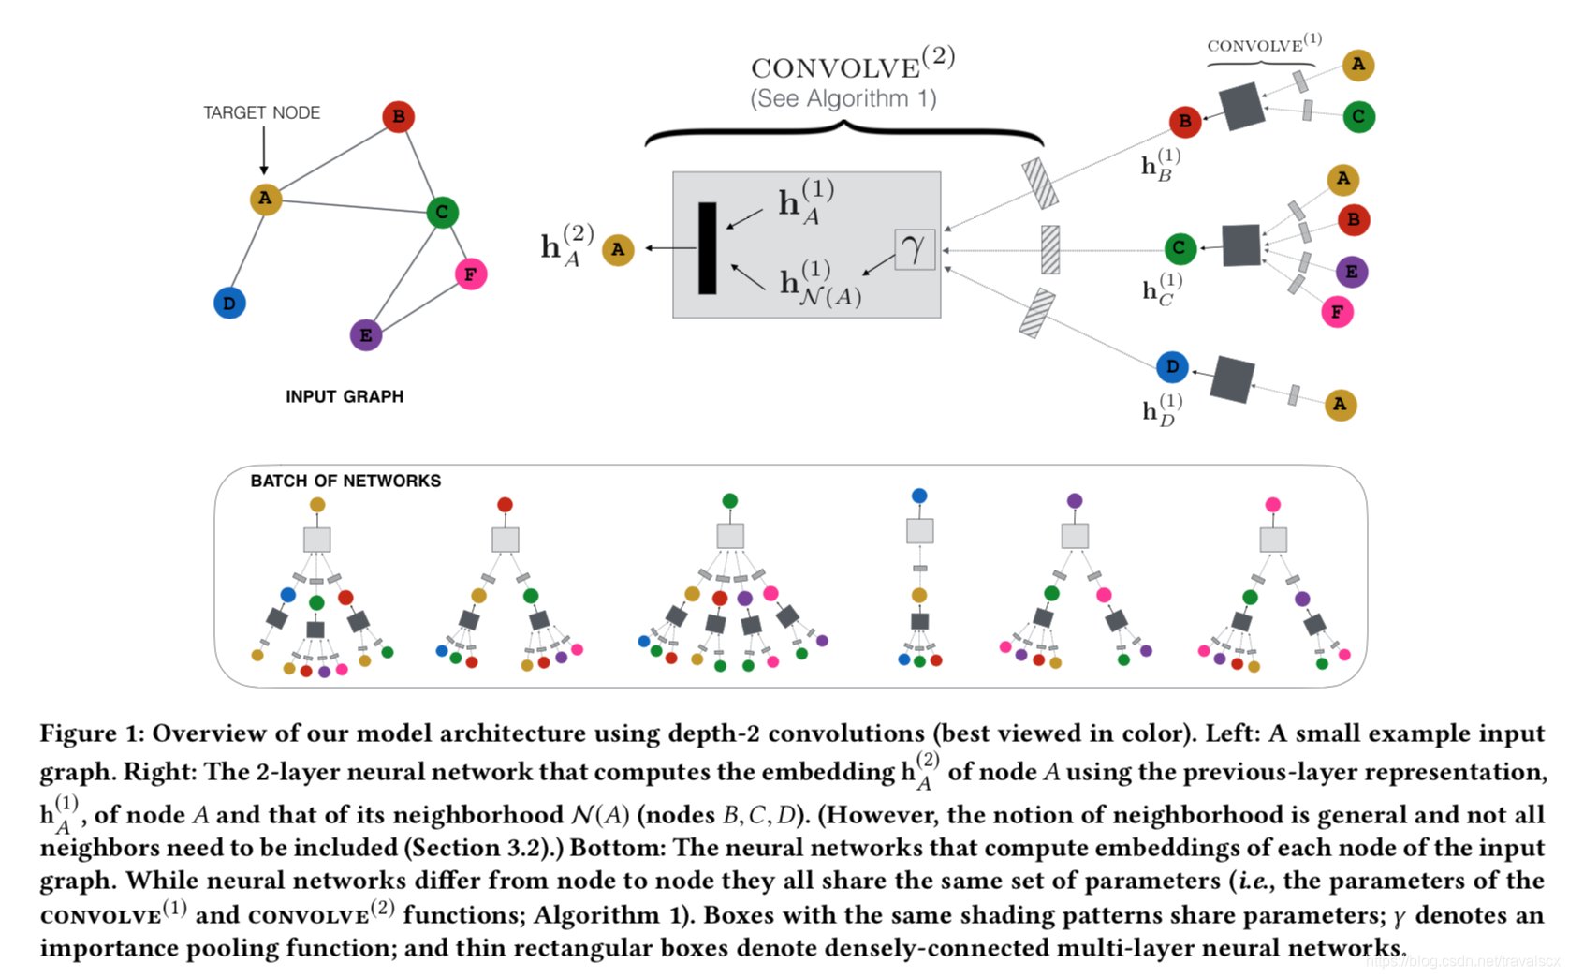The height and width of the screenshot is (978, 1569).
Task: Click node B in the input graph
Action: click(x=399, y=116)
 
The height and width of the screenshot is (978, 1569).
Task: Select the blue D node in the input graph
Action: click(x=229, y=303)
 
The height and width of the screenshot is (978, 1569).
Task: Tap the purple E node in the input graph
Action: click(x=366, y=335)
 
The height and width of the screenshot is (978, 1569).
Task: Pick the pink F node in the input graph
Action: click(x=471, y=274)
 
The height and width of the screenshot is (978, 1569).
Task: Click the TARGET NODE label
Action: click(x=262, y=112)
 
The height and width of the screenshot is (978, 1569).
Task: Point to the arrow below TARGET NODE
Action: click(x=264, y=150)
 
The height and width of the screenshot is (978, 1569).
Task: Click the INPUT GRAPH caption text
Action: click(x=345, y=397)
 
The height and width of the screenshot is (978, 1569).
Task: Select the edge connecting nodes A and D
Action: click(x=247, y=251)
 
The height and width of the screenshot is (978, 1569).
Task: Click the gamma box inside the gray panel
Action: click(x=915, y=249)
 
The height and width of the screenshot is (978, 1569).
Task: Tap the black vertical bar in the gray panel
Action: click(x=708, y=248)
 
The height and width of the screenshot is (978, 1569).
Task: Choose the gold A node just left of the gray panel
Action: click(x=618, y=249)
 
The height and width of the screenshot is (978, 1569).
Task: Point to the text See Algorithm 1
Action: click(x=843, y=99)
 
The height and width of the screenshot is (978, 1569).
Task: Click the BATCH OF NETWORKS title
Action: click(x=346, y=481)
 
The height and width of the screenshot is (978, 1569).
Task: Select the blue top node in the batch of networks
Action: click(x=919, y=496)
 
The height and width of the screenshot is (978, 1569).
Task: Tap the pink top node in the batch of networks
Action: click(x=1273, y=505)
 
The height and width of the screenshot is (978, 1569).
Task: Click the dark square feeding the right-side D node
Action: click(x=1233, y=379)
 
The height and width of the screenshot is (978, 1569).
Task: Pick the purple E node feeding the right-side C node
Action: click(x=1352, y=272)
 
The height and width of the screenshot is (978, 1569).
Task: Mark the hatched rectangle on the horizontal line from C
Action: click(x=1050, y=249)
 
